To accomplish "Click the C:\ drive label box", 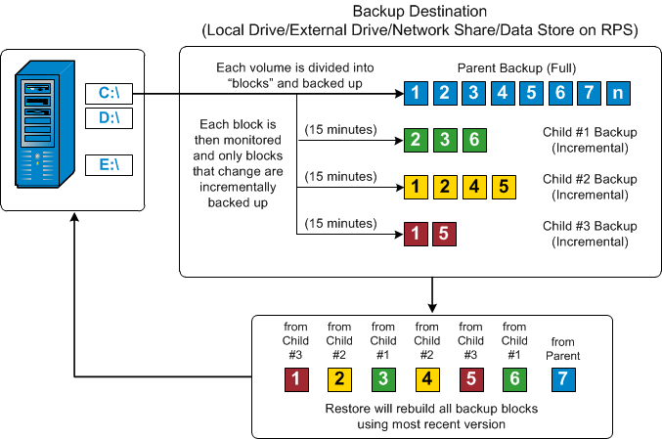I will pyautogui.click(x=108, y=95).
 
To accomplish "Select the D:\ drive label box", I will pyautogui.click(x=108, y=118).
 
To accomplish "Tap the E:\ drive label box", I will pyautogui.click(x=108, y=164).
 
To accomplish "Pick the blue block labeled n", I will pyautogui.click(x=618, y=94).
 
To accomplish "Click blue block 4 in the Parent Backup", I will pyautogui.click(x=502, y=94).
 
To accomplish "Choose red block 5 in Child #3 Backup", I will pyautogui.click(x=442, y=233).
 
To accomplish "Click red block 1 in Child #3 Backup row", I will pyautogui.click(x=416, y=233).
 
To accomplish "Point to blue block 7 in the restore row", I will pyautogui.click(x=558, y=377).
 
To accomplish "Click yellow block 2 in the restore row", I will pyautogui.click(x=338, y=377).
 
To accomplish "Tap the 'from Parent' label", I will pyautogui.click(x=558, y=341).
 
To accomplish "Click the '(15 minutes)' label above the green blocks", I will pyautogui.click(x=339, y=129).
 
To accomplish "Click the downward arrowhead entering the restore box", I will pyautogui.click(x=431, y=309).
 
